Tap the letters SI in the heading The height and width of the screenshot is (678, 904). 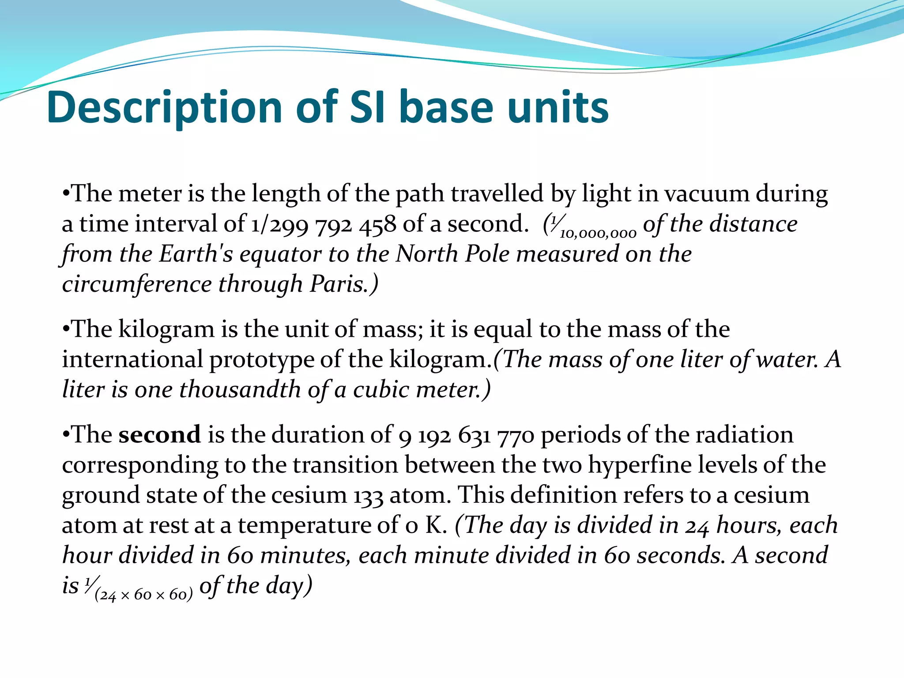(x=369, y=107)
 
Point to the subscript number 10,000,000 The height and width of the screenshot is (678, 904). (x=598, y=233)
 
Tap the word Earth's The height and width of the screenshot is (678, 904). (x=196, y=254)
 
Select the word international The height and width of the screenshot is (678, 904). (x=132, y=359)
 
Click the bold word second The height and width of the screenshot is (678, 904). (x=159, y=435)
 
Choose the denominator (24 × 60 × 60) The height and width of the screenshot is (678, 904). (x=144, y=595)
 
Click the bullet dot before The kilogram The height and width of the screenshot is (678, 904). (x=66, y=329)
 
